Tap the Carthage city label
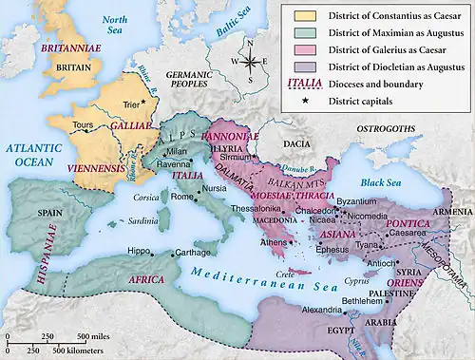pos(194,254)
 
